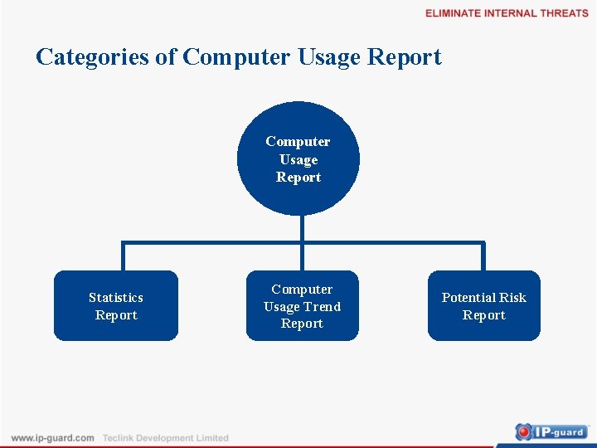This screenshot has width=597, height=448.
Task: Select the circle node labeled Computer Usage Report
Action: [x=298, y=159]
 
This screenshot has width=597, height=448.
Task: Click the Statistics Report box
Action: [x=116, y=306]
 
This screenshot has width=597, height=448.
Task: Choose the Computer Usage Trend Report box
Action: [x=302, y=306]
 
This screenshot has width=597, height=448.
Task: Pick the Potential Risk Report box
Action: [x=483, y=306]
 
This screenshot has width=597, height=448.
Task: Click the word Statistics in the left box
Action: [x=116, y=297]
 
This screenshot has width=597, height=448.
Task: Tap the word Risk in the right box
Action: [x=512, y=297]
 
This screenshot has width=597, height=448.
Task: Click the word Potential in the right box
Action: [x=468, y=297]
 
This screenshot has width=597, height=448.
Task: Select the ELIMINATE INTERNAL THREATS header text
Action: [x=507, y=13]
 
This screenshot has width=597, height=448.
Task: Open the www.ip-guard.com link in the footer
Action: [x=52, y=438]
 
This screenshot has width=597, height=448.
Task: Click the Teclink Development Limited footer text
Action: [x=165, y=438]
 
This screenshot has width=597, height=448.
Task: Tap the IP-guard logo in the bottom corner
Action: [x=551, y=431]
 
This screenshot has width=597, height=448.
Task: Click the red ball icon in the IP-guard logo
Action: [x=524, y=431]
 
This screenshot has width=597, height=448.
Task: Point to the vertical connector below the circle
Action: [x=303, y=228]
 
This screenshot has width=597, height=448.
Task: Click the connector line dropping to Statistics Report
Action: [x=123, y=257]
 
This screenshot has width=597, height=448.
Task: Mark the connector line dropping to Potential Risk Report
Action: [x=483, y=257]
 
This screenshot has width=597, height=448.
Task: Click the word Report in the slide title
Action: [x=404, y=58]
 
